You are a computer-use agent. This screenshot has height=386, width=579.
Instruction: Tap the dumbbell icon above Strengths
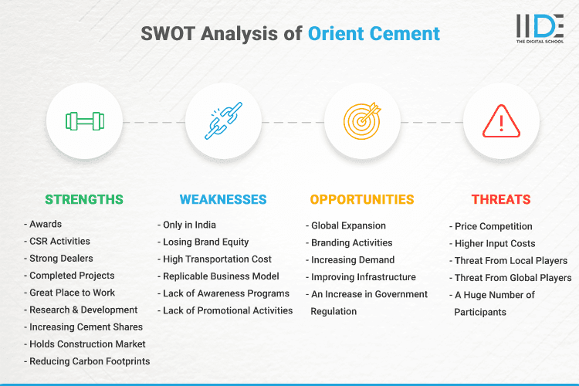85,122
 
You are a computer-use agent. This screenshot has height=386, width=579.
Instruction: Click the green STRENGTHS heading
84,199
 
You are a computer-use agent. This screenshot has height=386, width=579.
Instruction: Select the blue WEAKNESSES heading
223,199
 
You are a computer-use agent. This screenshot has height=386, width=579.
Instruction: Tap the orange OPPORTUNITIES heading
362,199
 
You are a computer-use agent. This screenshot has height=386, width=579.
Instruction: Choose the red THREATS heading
501,199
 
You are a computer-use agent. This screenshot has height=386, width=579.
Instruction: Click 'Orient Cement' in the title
374,34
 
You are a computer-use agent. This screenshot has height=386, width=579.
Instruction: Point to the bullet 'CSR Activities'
59,242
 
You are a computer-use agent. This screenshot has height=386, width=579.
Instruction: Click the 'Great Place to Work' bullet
72,293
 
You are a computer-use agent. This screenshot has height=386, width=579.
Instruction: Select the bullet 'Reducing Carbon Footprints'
90,361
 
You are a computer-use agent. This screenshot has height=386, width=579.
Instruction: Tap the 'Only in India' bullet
189,225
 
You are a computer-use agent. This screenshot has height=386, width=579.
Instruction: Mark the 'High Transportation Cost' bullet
217,259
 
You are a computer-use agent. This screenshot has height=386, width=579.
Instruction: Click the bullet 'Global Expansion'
348,226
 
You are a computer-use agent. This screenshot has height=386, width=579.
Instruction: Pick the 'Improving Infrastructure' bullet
363,277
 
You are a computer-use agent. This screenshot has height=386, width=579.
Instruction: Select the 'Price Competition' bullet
493,226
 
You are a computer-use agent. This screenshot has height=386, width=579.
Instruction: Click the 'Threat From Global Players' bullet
513,277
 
